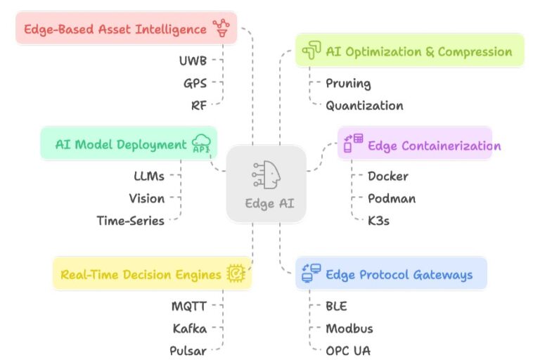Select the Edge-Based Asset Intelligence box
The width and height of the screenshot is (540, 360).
tap(126, 29)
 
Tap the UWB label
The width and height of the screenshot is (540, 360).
tap(193, 60)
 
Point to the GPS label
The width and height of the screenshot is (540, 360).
tap(195, 83)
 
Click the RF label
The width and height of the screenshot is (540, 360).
tap(198, 105)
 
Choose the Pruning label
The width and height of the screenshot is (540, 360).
tap(348, 83)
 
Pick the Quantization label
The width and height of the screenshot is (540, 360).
tap(364, 105)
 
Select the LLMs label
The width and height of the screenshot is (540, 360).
tap(148, 176)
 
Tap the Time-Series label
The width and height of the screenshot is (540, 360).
tap(130, 221)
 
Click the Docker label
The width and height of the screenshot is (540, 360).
tap(387, 176)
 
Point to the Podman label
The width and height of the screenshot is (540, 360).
tap(392, 198)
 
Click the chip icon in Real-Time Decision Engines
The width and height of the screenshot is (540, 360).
tap(235, 274)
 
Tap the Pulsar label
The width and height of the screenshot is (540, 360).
tap(188, 351)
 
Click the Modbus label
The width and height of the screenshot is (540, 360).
tap(349, 328)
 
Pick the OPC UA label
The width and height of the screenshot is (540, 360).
tap(348, 351)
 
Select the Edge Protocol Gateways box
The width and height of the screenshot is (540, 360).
tap(390, 274)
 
